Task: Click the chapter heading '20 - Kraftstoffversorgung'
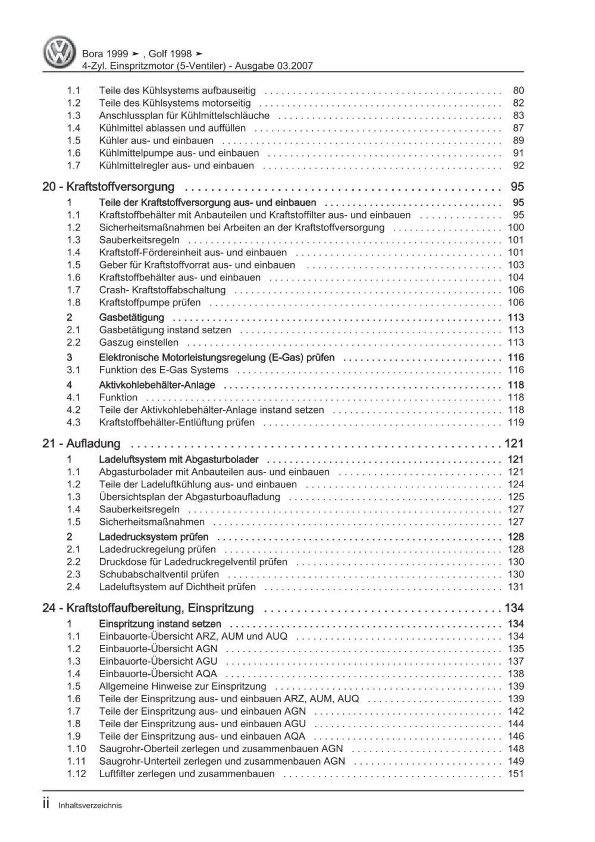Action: pos(108,187)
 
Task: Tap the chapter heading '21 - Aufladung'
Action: pos(82,443)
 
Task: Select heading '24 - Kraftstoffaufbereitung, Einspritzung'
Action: pos(148,608)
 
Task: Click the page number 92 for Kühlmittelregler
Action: pos(518,165)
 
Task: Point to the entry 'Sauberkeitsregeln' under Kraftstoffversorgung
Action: pos(139,240)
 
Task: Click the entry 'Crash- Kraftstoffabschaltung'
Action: pos(162,290)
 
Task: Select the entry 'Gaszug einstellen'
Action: pos(139,342)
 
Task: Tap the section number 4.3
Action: pos(73,422)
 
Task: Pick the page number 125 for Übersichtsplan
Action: pos(516,497)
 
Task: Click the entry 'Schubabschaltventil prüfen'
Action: pos(159,574)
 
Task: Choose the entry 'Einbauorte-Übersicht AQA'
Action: pos(158,674)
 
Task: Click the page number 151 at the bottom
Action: pos(516,774)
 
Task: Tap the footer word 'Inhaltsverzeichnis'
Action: pos(90,806)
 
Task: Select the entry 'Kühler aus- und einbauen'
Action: pos(156,140)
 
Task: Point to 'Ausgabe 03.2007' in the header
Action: pos(274,66)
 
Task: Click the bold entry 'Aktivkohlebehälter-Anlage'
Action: pos(157,385)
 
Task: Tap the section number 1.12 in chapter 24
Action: pos(76,774)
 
